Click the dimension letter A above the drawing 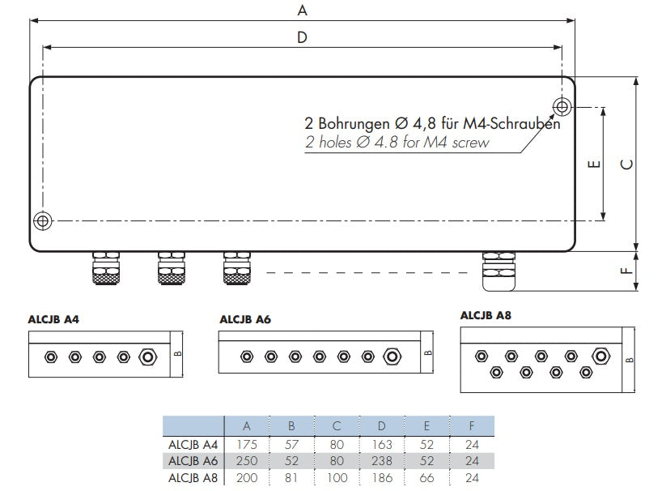pos(303,11)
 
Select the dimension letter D pos(303,37)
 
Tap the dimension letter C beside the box pos(627,164)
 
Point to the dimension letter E pos(593,164)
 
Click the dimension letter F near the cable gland pos(627,271)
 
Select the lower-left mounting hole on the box pos(43,220)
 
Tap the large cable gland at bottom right pos(496,271)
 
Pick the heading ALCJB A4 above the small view pos(53,320)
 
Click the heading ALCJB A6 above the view pos(245,320)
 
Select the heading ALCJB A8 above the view pos(486,315)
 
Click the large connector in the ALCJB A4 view pos(149,357)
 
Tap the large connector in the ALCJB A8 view pos(600,355)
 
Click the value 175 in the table pos(246,444)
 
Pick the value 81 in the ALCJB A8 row pos(292,478)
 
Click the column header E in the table pos(426,426)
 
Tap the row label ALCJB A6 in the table pos(193,461)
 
